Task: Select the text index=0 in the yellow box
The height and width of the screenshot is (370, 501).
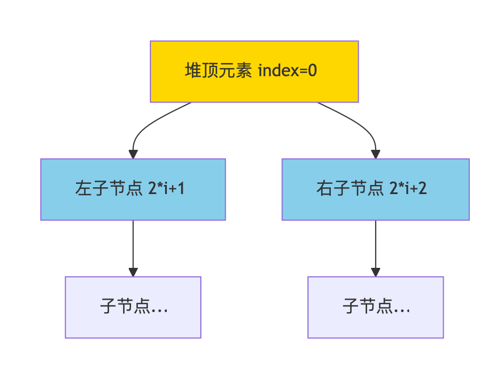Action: (287, 72)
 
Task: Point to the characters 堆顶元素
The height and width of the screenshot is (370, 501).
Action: (218, 72)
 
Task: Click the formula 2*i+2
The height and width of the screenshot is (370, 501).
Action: (409, 189)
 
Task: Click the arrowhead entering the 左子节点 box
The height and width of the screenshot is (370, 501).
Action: (133, 154)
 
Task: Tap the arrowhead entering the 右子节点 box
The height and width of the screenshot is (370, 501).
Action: (376, 154)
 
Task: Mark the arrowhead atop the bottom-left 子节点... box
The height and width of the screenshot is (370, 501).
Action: (133, 272)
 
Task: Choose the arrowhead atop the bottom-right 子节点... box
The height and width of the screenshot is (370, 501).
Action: (376, 272)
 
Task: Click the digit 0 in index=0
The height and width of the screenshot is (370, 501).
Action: (312, 72)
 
